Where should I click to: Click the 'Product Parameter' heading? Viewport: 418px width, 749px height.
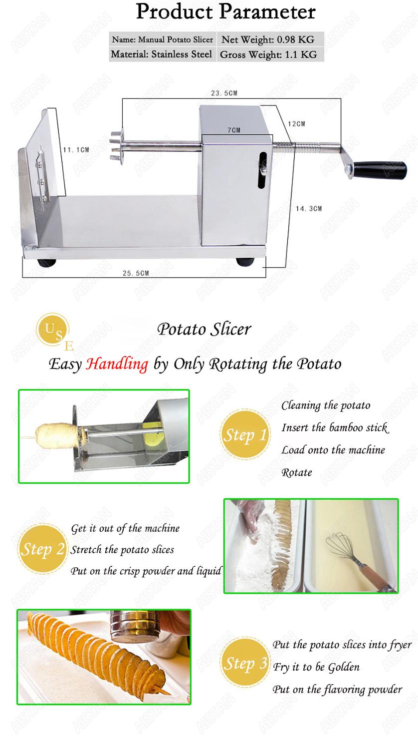click(x=225, y=12)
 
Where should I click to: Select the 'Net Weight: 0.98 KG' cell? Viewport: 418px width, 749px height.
click(x=267, y=39)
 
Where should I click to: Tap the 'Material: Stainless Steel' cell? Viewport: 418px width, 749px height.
click(x=161, y=54)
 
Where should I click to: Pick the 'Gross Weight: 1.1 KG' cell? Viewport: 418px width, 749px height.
click(x=268, y=54)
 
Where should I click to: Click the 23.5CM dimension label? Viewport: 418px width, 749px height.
click(x=223, y=93)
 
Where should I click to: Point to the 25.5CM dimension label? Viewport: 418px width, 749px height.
click(x=136, y=273)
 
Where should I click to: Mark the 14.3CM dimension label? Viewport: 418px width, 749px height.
click(x=309, y=209)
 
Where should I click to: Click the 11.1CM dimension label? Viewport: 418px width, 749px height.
click(x=76, y=149)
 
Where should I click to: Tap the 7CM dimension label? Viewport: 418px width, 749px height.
click(x=234, y=130)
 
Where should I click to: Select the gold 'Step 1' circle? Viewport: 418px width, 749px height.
click(x=244, y=434)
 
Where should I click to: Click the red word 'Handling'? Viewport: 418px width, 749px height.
click(x=117, y=364)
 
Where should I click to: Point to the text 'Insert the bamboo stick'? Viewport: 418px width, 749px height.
click(x=334, y=427)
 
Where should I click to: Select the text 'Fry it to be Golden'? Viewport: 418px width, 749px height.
click(x=316, y=667)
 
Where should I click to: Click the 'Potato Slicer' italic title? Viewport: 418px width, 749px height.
click(x=205, y=329)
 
